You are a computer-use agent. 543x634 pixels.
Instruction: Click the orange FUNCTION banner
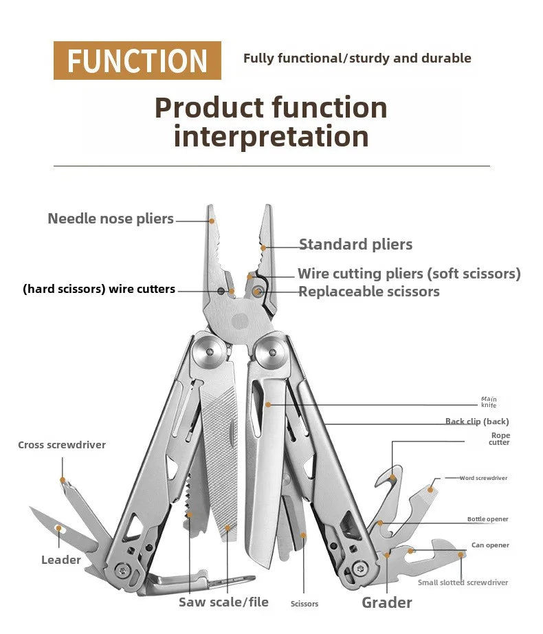(x=137, y=61)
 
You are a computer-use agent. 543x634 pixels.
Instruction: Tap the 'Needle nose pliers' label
(x=111, y=219)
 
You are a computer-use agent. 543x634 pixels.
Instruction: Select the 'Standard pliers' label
(x=355, y=244)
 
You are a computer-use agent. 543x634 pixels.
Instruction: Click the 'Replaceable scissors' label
(x=368, y=292)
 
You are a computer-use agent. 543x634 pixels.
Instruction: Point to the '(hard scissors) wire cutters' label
(x=99, y=289)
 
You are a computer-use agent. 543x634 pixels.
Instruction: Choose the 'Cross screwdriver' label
(x=62, y=445)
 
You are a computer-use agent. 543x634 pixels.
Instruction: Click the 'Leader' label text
(x=61, y=560)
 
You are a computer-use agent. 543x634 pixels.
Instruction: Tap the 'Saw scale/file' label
(x=223, y=602)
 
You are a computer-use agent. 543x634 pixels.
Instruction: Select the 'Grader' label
(x=387, y=603)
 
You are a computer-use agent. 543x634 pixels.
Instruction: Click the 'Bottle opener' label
(x=488, y=519)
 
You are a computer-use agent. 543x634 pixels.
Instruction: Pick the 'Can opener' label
(x=490, y=545)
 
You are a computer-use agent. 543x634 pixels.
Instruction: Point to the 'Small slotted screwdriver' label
(x=463, y=582)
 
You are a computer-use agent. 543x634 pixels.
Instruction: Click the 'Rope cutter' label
(x=500, y=439)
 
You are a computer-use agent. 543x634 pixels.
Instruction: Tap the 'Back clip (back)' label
(x=477, y=422)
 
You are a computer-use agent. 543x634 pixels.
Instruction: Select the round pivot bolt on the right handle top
(x=271, y=352)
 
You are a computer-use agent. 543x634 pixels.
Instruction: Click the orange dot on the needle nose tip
(x=212, y=221)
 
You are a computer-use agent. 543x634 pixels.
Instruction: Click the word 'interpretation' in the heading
(x=271, y=136)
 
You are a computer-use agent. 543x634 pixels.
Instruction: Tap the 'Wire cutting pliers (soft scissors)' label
(x=409, y=274)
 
